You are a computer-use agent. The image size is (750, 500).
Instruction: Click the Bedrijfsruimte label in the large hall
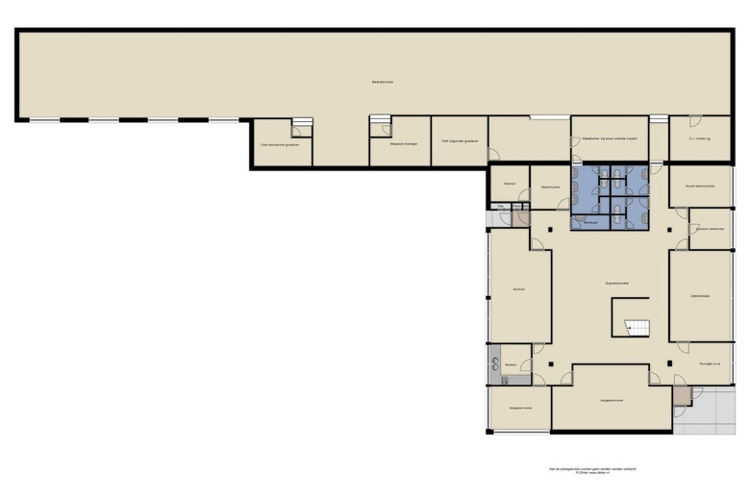pos(383,82)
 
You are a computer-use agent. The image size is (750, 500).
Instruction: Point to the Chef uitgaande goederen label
pos(459,140)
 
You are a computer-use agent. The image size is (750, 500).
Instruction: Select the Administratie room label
pos(699,297)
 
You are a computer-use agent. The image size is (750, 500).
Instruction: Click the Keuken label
pos(512,364)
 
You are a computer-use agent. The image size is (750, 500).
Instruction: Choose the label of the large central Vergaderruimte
pos(612,399)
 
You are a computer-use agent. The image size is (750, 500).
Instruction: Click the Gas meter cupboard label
pos(500,206)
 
